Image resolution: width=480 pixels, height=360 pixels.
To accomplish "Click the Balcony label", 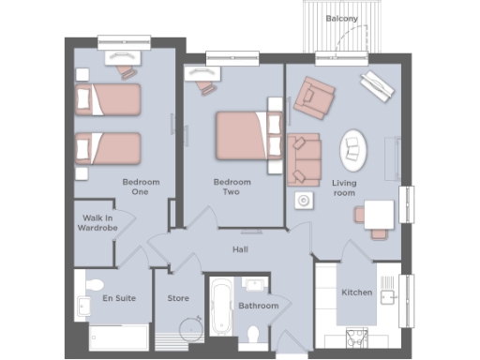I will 339,18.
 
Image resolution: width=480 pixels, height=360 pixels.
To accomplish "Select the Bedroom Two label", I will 227,187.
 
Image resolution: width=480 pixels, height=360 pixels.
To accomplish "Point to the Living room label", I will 345,187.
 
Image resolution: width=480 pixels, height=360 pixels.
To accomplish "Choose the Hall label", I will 241,249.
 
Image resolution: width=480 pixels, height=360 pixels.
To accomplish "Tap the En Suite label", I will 118,298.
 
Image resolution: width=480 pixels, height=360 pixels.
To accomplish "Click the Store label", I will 178,299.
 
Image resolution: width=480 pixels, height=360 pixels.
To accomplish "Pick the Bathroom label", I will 258,306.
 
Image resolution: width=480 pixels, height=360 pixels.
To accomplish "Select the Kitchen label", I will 357,293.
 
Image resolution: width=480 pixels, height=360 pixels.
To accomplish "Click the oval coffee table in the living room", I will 354,147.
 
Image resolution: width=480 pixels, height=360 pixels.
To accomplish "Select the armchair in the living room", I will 313,96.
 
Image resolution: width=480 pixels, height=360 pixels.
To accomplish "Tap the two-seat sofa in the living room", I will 303,158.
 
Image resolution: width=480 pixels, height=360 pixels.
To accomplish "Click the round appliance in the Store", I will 191,327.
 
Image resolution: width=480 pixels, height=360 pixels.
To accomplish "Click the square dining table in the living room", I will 379,215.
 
